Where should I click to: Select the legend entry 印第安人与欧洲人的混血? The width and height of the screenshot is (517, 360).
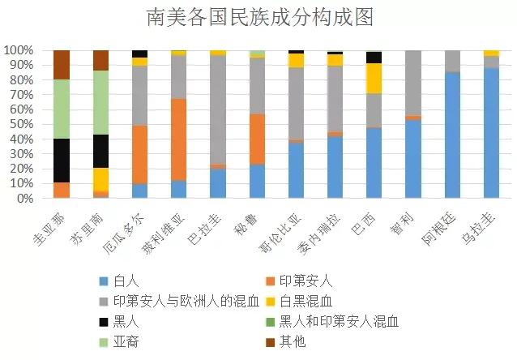(x=186, y=302)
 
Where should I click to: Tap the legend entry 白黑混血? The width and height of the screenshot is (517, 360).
(x=306, y=302)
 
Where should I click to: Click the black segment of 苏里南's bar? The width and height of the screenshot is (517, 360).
(x=100, y=151)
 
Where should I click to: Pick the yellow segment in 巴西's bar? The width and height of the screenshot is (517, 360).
(x=374, y=79)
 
